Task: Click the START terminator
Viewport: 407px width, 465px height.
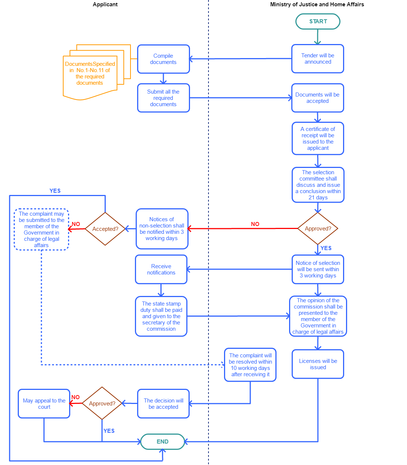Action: (x=318, y=21)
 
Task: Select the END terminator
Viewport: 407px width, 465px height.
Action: (x=163, y=441)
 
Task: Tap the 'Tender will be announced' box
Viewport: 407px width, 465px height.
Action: (x=318, y=59)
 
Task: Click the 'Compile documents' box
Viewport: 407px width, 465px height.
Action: (x=163, y=59)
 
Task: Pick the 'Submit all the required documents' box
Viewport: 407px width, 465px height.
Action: (x=163, y=98)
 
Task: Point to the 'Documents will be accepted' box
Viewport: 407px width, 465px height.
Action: (x=318, y=98)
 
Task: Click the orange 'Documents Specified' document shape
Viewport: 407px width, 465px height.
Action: (x=90, y=76)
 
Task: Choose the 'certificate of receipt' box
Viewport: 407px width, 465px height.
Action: (x=318, y=138)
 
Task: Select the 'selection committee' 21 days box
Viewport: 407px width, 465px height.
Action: (x=318, y=185)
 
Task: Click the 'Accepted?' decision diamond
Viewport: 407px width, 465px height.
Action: (x=105, y=229)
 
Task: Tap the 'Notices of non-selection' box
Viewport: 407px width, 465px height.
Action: (x=162, y=229)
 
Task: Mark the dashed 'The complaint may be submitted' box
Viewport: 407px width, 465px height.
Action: (x=41, y=229)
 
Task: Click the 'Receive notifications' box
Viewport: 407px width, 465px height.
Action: (x=161, y=269)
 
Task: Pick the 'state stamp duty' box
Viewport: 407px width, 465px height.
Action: (x=161, y=316)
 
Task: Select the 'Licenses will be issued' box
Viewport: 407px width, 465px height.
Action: (x=318, y=364)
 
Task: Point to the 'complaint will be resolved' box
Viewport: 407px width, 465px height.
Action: (x=250, y=365)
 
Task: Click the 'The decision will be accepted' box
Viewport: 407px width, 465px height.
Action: (x=163, y=404)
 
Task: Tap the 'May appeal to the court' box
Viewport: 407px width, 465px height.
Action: (x=44, y=404)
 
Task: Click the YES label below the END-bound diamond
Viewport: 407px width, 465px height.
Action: (x=109, y=431)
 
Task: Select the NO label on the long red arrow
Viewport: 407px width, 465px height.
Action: (x=255, y=224)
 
